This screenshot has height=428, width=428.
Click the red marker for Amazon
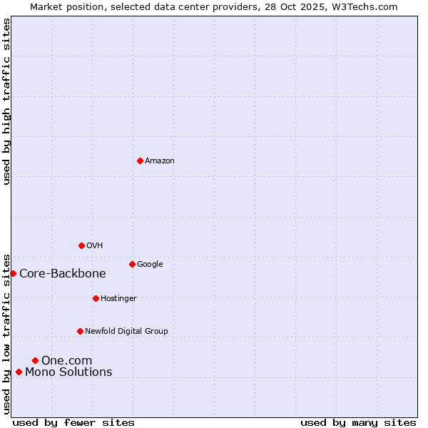[140, 160]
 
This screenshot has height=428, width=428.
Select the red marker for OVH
[81, 245]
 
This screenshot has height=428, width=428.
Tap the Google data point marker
[132, 264]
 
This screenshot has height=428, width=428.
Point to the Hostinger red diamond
[96, 298]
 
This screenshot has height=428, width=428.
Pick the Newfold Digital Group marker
[80, 331]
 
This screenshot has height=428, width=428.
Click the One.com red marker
[35, 360]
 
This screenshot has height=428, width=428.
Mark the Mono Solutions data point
[19, 372]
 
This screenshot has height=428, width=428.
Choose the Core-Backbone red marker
[13, 273]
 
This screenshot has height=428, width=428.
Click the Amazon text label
[160, 160]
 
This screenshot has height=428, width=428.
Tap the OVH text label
[95, 245]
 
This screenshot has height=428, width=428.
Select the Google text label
[150, 264]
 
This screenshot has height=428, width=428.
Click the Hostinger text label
[118, 298]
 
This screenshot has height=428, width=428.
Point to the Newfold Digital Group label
[126, 331]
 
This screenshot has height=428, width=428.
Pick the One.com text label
[66, 360]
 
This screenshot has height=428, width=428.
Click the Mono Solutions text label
[68, 372]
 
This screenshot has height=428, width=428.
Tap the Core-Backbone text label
[63, 273]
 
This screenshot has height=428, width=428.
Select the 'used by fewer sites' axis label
[73, 422]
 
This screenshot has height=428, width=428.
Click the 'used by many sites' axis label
[358, 422]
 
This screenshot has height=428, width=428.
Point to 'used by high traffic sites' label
[6, 101]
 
